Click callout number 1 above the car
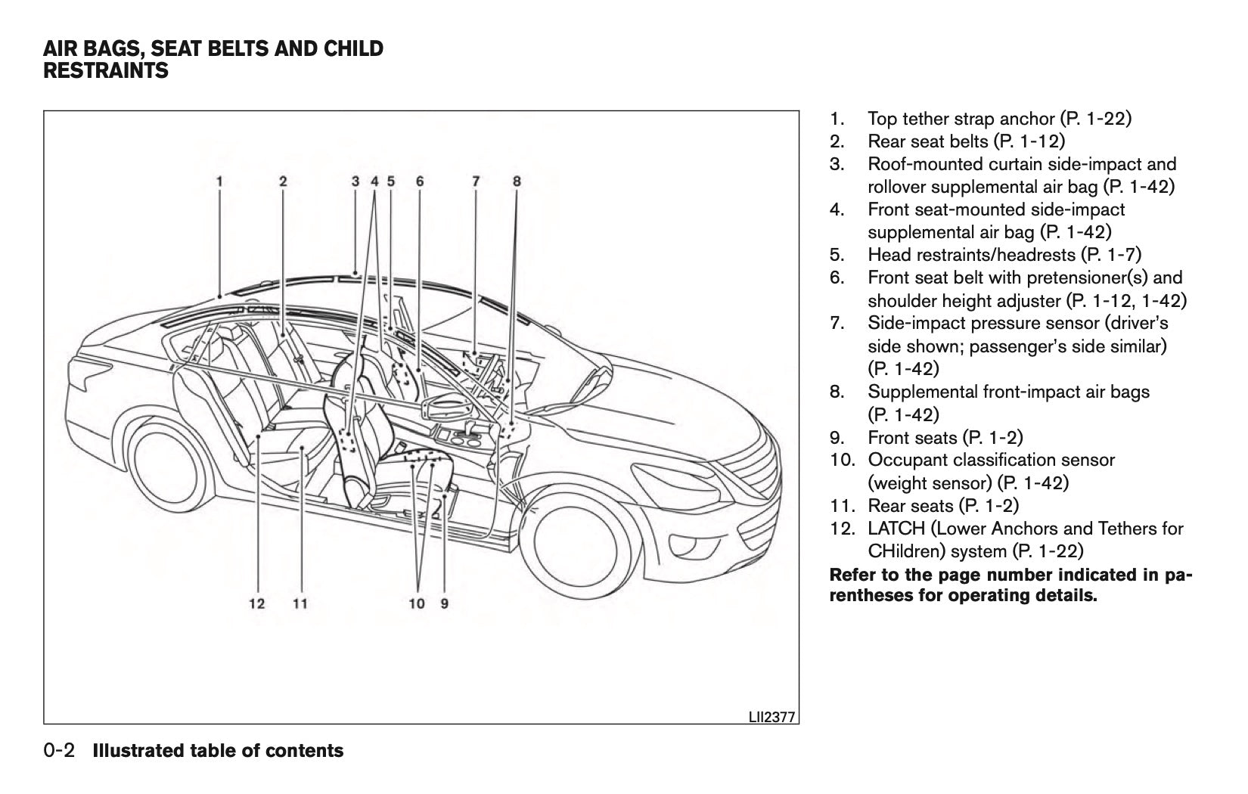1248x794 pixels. point(219,181)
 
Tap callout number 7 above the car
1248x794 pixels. point(476,181)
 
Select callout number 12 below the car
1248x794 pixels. point(257,603)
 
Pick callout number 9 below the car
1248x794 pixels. point(445,603)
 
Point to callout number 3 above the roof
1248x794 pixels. point(355,181)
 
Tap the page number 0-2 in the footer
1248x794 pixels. point(60,751)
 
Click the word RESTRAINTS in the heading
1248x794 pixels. point(106,72)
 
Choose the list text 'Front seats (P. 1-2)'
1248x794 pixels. point(945,437)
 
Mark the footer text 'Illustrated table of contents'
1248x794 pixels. point(218,751)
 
